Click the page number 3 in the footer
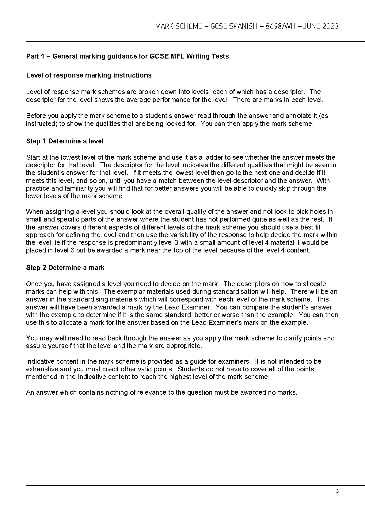[337, 492]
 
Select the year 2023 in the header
[330, 26]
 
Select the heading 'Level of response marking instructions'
[89, 75]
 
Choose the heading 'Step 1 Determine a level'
[65, 141]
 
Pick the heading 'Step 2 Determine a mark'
[65, 268]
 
